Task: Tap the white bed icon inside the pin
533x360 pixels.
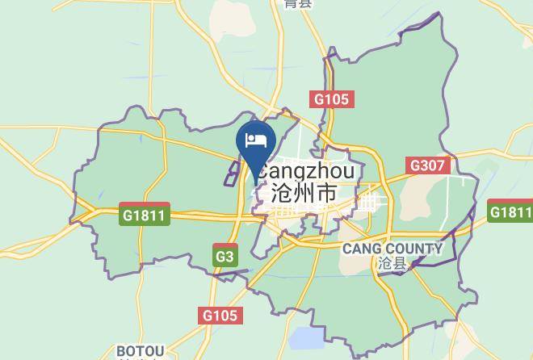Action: pos(257,140)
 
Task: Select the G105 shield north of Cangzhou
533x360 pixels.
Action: pos(330,99)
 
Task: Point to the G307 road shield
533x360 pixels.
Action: pos(426,165)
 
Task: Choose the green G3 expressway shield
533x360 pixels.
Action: pos(225,257)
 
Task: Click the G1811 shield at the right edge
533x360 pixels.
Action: pos(512,212)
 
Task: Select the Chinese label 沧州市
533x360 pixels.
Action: pos(304,195)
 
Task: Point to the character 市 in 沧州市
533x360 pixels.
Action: pos(327,195)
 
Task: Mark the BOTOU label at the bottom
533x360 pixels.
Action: pos(141,351)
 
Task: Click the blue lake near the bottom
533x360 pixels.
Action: pos(304,337)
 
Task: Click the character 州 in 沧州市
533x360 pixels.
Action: pos(304,195)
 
